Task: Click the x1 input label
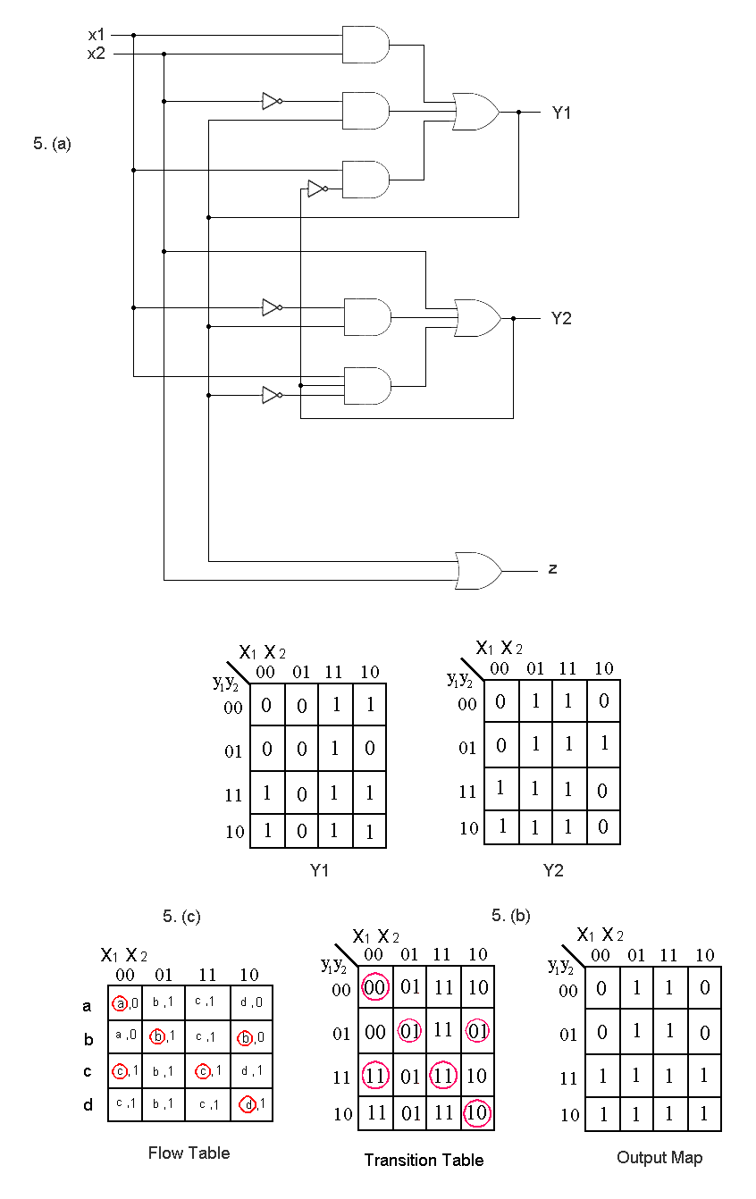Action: (97, 35)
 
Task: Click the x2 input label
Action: (97, 53)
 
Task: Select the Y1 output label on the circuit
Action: (561, 113)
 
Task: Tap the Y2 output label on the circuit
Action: (561, 318)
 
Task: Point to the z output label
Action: (553, 568)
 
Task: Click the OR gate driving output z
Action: (478, 570)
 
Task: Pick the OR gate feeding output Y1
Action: (475, 113)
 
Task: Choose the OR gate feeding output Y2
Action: (476, 318)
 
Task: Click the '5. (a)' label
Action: (52, 143)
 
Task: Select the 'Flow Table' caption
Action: (189, 1153)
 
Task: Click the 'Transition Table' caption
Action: (424, 1160)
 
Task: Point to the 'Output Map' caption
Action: (659, 1157)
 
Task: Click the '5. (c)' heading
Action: (182, 916)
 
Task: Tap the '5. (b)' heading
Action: (511, 915)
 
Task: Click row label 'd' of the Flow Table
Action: (88, 1105)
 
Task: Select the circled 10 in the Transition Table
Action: (477, 1113)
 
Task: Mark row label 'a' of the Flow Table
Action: (87, 1006)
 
